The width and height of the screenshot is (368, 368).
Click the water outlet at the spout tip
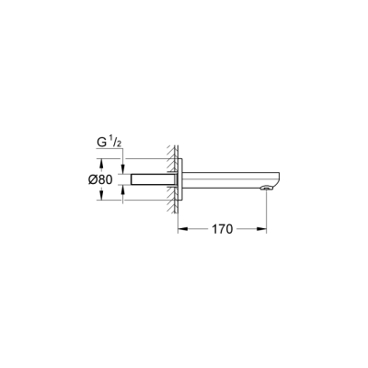coord(266,189)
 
